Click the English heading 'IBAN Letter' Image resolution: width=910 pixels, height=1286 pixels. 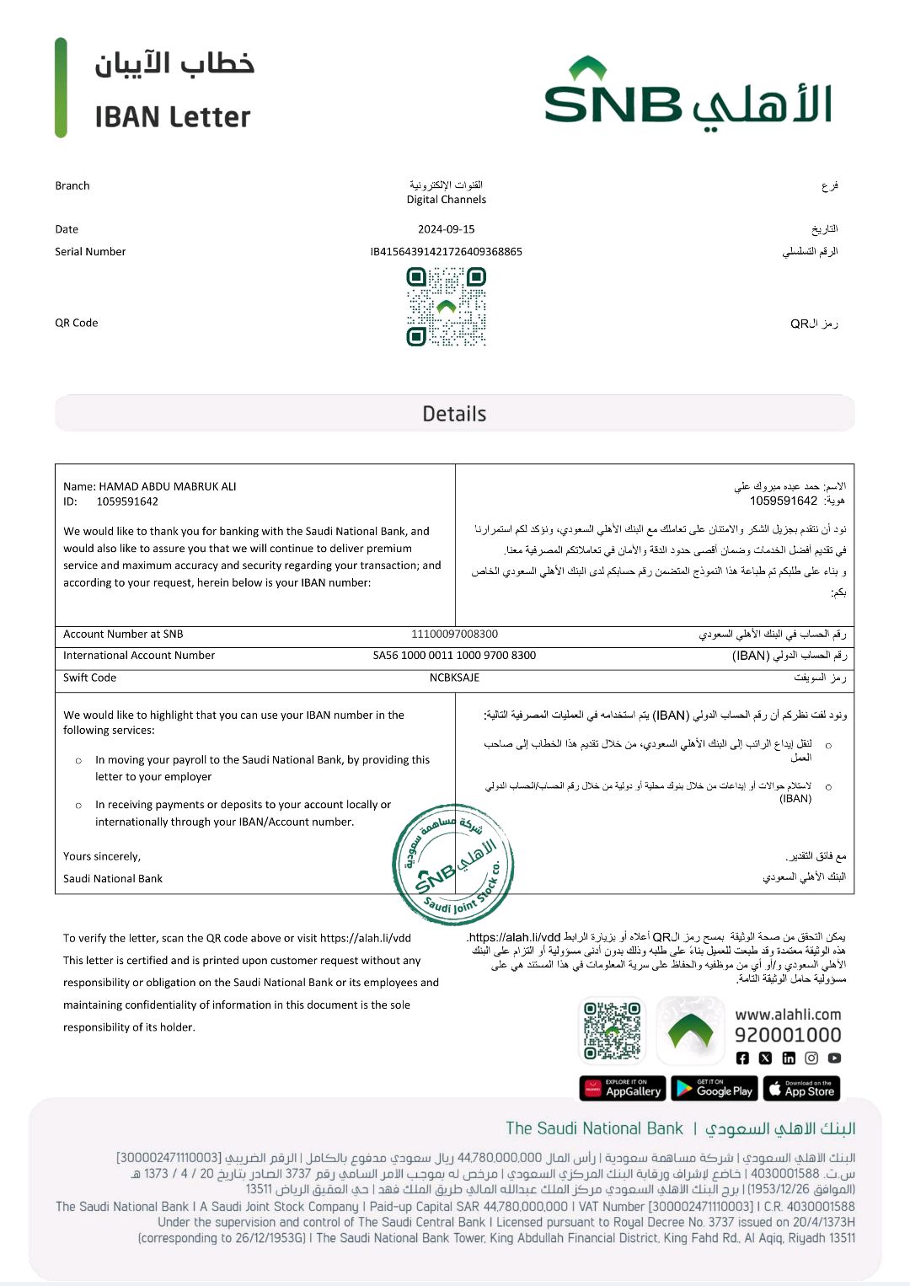(173, 117)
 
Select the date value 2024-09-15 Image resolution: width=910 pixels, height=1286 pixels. (446, 229)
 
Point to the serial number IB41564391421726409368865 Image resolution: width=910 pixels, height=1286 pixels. (446, 252)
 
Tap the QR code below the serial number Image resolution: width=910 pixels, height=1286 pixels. (446, 307)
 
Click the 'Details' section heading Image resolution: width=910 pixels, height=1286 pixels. (454, 414)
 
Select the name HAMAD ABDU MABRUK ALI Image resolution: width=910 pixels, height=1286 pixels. (168, 486)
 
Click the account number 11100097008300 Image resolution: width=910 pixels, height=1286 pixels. (454, 635)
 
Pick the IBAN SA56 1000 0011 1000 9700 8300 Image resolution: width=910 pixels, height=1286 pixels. (454, 656)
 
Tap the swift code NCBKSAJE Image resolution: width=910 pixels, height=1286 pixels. (454, 678)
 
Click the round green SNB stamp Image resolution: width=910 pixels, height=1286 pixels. (453, 865)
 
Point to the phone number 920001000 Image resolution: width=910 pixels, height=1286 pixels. (788, 1035)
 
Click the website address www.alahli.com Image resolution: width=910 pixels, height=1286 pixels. (788, 1015)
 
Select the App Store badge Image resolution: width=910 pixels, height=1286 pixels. (801, 1089)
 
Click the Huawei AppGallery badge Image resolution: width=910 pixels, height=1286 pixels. (623, 1089)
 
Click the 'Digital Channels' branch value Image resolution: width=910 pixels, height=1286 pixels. (446, 200)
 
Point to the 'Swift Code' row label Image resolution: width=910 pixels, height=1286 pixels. (90, 678)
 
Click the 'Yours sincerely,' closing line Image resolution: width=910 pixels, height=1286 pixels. (102, 856)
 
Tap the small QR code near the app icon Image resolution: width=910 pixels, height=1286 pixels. (613, 1031)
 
